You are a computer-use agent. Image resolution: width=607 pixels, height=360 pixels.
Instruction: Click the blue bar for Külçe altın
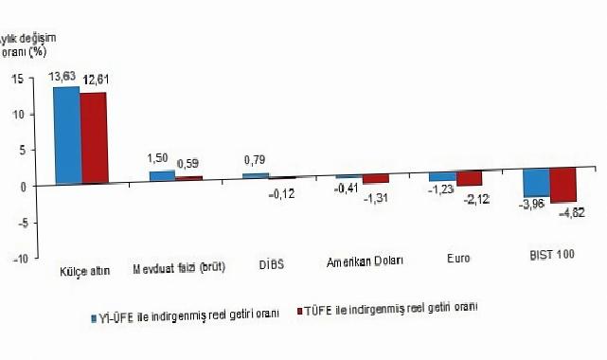[66, 135]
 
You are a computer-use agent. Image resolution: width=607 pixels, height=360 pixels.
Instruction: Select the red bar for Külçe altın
[93, 138]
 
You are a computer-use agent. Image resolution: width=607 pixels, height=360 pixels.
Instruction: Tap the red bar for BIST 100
[563, 185]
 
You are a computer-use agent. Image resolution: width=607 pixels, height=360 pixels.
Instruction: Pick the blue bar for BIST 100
[537, 182]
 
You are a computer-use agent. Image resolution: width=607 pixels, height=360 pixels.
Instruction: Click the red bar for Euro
[469, 178]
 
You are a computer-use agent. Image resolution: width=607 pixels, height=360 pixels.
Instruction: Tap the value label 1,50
[160, 161]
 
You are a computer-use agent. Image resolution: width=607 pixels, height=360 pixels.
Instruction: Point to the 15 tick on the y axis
[18, 80]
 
